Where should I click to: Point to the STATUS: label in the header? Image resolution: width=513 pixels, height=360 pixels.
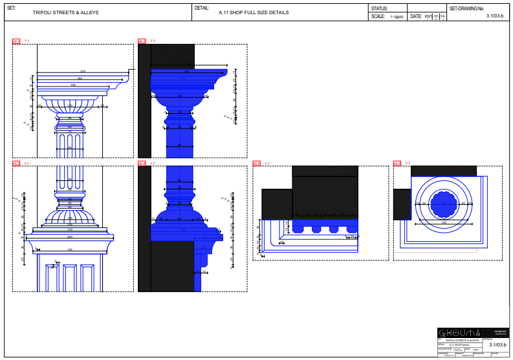point(379,8)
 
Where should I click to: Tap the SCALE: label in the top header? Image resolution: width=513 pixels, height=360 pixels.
point(378,17)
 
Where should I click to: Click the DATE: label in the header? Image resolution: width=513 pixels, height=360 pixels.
point(416,17)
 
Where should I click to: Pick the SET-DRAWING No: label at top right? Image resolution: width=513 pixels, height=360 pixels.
point(466,8)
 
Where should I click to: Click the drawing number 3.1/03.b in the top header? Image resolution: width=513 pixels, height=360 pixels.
point(495,16)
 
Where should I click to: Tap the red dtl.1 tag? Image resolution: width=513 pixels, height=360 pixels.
point(16,41)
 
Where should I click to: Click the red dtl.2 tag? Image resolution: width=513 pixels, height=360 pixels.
point(16,164)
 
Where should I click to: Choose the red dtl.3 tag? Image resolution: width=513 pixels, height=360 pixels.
point(142,41)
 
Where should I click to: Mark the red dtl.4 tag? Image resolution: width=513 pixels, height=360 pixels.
point(142,164)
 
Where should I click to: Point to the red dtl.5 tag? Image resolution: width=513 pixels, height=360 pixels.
point(256,164)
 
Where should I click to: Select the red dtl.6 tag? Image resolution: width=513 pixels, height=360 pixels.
point(397,164)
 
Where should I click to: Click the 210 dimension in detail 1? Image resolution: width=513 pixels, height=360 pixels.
point(83,71)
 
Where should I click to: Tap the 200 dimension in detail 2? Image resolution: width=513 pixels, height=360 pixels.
point(70,237)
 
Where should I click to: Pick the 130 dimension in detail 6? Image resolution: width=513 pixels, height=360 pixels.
point(444,222)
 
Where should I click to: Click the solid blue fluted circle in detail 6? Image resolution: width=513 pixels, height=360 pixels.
point(444,203)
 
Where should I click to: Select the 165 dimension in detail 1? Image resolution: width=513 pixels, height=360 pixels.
point(73,85)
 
